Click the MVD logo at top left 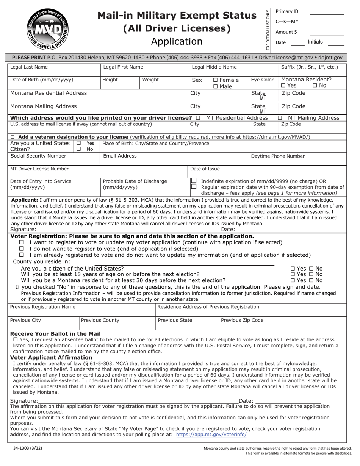click(47, 29)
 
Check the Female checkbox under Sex click(215, 80)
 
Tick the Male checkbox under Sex click(215, 86)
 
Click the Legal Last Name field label click(29, 67)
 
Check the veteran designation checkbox click(13, 137)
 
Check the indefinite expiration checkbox click(194, 181)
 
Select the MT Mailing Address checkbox click(280, 118)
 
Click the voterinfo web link click(211, 435)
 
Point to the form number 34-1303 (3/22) click(28, 448)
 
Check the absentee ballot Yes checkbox click(15, 339)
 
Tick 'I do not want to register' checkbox click(22, 249)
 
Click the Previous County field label click(100, 320)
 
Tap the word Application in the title click(177, 41)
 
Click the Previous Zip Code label click(242, 320)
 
